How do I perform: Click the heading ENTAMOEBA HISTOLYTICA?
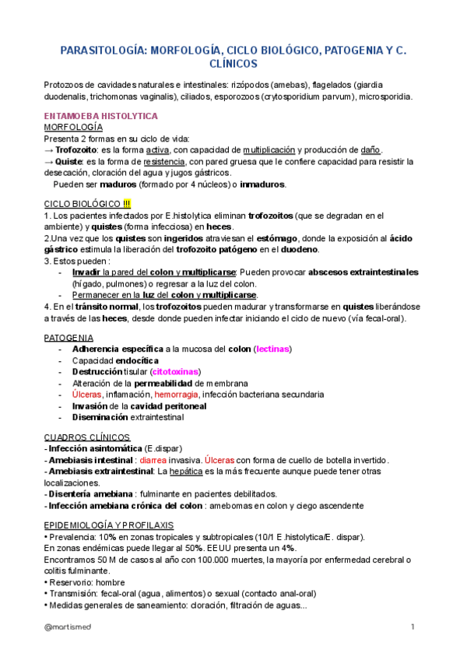coord(100,115)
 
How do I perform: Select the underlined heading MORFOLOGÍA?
coord(73,126)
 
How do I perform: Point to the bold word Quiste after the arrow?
coord(72,163)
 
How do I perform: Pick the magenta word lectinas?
coord(273,349)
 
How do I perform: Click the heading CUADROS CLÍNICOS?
coord(86,437)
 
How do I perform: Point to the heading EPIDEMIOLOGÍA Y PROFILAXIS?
coord(108,525)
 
